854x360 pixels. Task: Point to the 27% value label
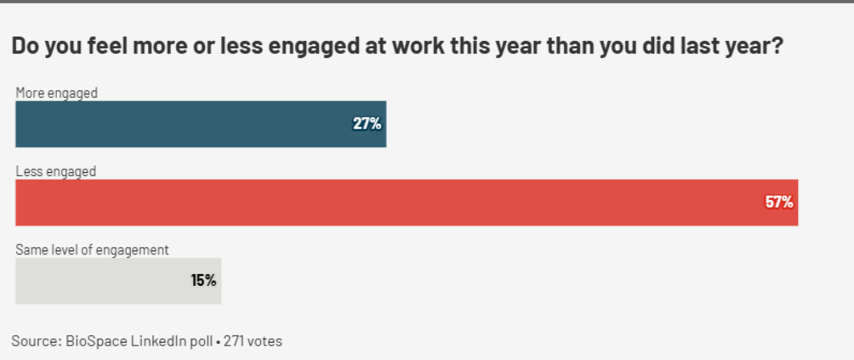pos(367,124)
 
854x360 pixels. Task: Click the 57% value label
pos(779,202)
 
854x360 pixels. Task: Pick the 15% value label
pos(203,281)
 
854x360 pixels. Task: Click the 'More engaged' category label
pos(56,93)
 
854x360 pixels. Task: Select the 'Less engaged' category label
pos(55,171)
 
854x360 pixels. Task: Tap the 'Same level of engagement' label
pos(92,250)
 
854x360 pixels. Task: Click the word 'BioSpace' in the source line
pos(87,341)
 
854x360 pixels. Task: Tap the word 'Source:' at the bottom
pos(33,341)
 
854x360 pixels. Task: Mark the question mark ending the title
pos(777,46)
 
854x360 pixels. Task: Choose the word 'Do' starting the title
pos(24,46)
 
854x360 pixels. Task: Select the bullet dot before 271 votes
pos(219,342)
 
